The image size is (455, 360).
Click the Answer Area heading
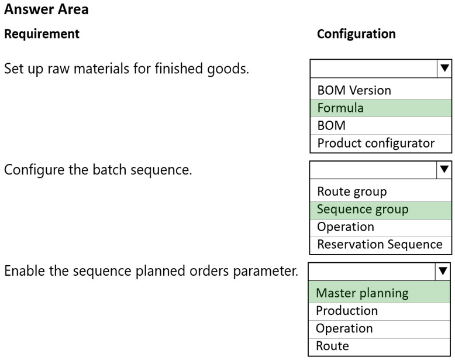click(46, 9)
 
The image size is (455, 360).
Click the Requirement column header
click(42, 34)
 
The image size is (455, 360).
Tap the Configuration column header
click(356, 34)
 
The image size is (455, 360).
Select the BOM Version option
click(354, 90)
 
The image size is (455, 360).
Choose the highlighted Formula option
click(340, 108)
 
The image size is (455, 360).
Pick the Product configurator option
click(376, 143)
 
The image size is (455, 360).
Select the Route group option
click(352, 192)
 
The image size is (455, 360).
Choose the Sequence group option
click(363, 210)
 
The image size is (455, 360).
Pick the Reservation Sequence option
click(380, 244)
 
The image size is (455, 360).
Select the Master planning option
click(362, 293)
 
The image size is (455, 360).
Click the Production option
click(347, 311)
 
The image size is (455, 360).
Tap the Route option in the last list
click(333, 346)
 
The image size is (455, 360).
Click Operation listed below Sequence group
click(346, 227)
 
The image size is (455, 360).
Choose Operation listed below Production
click(344, 328)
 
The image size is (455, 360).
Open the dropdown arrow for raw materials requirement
click(444, 68)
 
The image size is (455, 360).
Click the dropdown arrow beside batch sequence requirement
click(444, 169)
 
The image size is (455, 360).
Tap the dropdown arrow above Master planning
click(443, 272)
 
